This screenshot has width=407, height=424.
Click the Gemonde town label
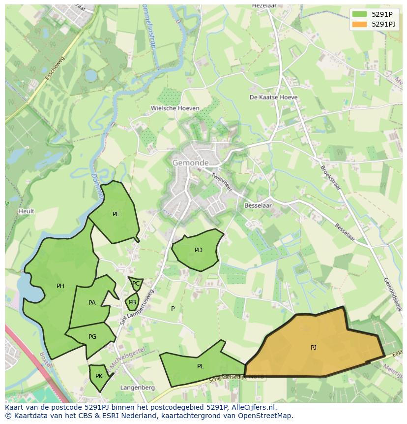tap(190, 163)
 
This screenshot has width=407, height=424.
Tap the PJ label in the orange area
tap(314, 348)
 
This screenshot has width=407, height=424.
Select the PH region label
tap(60, 286)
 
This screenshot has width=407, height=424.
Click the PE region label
tap(116, 214)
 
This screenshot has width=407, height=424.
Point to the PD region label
tap(199, 250)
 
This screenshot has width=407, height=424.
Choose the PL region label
tap(201, 366)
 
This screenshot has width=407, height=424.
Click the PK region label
tap(99, 376)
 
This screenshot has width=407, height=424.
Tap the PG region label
tap(92, 337)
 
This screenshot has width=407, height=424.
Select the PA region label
tap(92, 303)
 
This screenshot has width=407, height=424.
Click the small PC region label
tap(136, 284)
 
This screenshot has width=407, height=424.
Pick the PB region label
tap(132, 302)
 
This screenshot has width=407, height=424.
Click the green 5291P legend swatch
tap(359, 14)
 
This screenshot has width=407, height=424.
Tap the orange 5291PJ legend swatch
tap(359, 24)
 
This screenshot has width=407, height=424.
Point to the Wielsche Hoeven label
tap(175, 108)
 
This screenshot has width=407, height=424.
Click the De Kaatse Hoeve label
tap(274, 98)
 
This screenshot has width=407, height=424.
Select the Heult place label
tap(27, 211)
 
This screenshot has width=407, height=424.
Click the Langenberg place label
tap(138, 388)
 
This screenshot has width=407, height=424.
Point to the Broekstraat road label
tap(330, 178)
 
